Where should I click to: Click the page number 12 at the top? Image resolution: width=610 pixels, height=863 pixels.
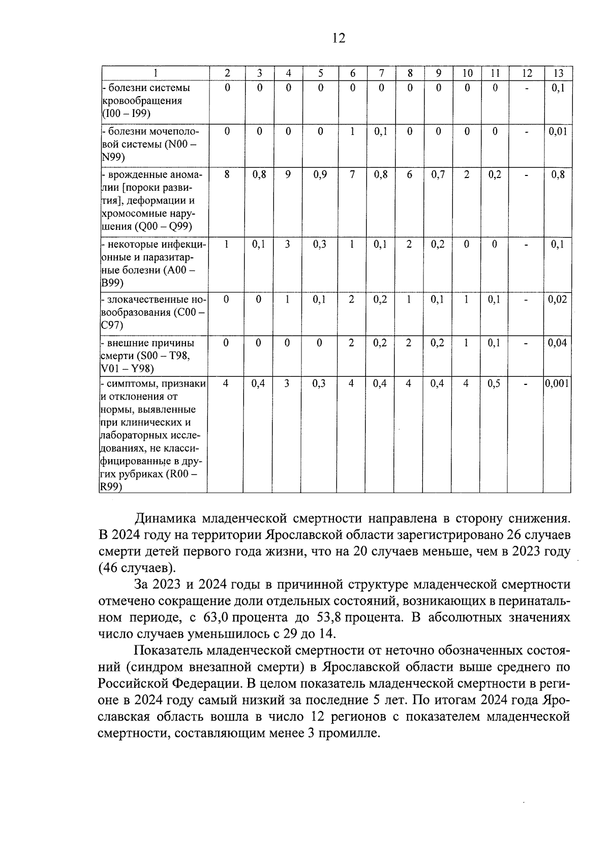338,38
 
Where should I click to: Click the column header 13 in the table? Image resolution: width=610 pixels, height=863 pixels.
558,73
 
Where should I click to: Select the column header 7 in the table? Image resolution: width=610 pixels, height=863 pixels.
381,73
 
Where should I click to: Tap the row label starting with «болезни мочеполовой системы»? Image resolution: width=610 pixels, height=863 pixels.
150,144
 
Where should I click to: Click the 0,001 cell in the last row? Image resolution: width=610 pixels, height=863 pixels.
557,384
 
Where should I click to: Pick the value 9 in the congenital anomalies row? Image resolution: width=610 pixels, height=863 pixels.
288,175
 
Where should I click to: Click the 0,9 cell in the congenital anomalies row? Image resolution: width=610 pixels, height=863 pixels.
320,175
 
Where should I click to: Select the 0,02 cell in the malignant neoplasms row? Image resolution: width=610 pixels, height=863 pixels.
557,300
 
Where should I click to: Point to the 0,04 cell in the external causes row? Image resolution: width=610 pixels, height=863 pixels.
557,343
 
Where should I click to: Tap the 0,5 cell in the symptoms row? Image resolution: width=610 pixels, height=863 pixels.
494,384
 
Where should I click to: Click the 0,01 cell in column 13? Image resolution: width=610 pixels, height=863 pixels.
557,132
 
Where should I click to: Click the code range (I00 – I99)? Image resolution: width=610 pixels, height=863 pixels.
126,113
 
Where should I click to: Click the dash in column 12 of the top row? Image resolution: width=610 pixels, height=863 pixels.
527,88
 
